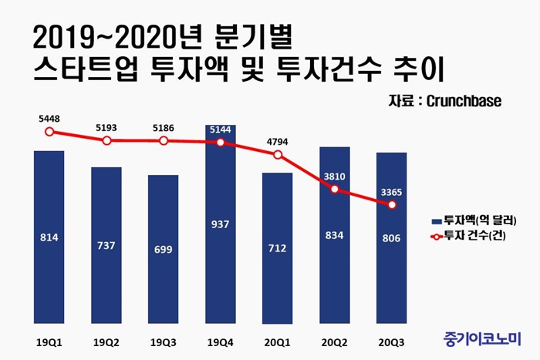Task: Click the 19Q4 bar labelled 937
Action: coord(221,224)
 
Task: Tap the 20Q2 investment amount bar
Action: coord(335,234)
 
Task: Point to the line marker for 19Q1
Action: coord(49,132)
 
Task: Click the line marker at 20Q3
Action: coord(392,205)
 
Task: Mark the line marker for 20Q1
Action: coord(278,155)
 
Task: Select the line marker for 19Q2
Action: coord(106,140)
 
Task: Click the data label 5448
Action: coord(49,119)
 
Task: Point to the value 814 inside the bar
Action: coord(49,238)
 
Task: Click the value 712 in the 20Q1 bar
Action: coord(278,248)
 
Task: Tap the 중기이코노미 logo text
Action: coord(483,338)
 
